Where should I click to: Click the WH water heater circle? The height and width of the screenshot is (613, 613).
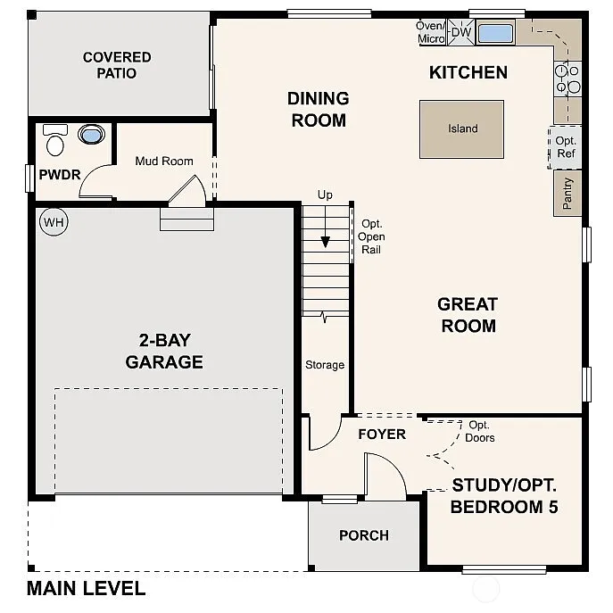(x=54, y=221)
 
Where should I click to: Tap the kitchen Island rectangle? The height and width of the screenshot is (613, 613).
(x=461, y=128)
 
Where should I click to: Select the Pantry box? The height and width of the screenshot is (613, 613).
(x=567, y=194)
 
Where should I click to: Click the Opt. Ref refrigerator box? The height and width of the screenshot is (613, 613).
(x=566, y=147)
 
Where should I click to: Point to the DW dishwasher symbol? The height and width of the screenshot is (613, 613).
(x=460, y=33)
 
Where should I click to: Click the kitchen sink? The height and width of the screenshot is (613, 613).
(x=495, y=34)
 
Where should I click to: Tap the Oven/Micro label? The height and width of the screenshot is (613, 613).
(x=431, y=32)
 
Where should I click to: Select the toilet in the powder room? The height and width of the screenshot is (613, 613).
(x=55, y=140)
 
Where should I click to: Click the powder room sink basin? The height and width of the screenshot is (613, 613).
(x=91, y=135)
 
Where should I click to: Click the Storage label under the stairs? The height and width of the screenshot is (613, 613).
(x=325, y=364)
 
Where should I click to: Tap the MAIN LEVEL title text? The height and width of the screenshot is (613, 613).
(x=86, y=589)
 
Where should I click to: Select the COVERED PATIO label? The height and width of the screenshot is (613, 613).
(x=117, y=64)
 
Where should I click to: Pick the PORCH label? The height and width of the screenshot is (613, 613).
(x=364, y=535)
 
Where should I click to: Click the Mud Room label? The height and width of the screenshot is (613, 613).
(x=164, y=162)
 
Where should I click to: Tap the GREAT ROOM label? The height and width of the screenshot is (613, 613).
(x=467, y=315)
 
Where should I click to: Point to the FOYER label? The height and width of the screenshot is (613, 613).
(x=382, y=435)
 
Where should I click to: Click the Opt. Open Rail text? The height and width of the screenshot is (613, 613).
(x=371, y=237)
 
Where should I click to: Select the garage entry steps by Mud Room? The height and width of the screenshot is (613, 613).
(x=186, y=219)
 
